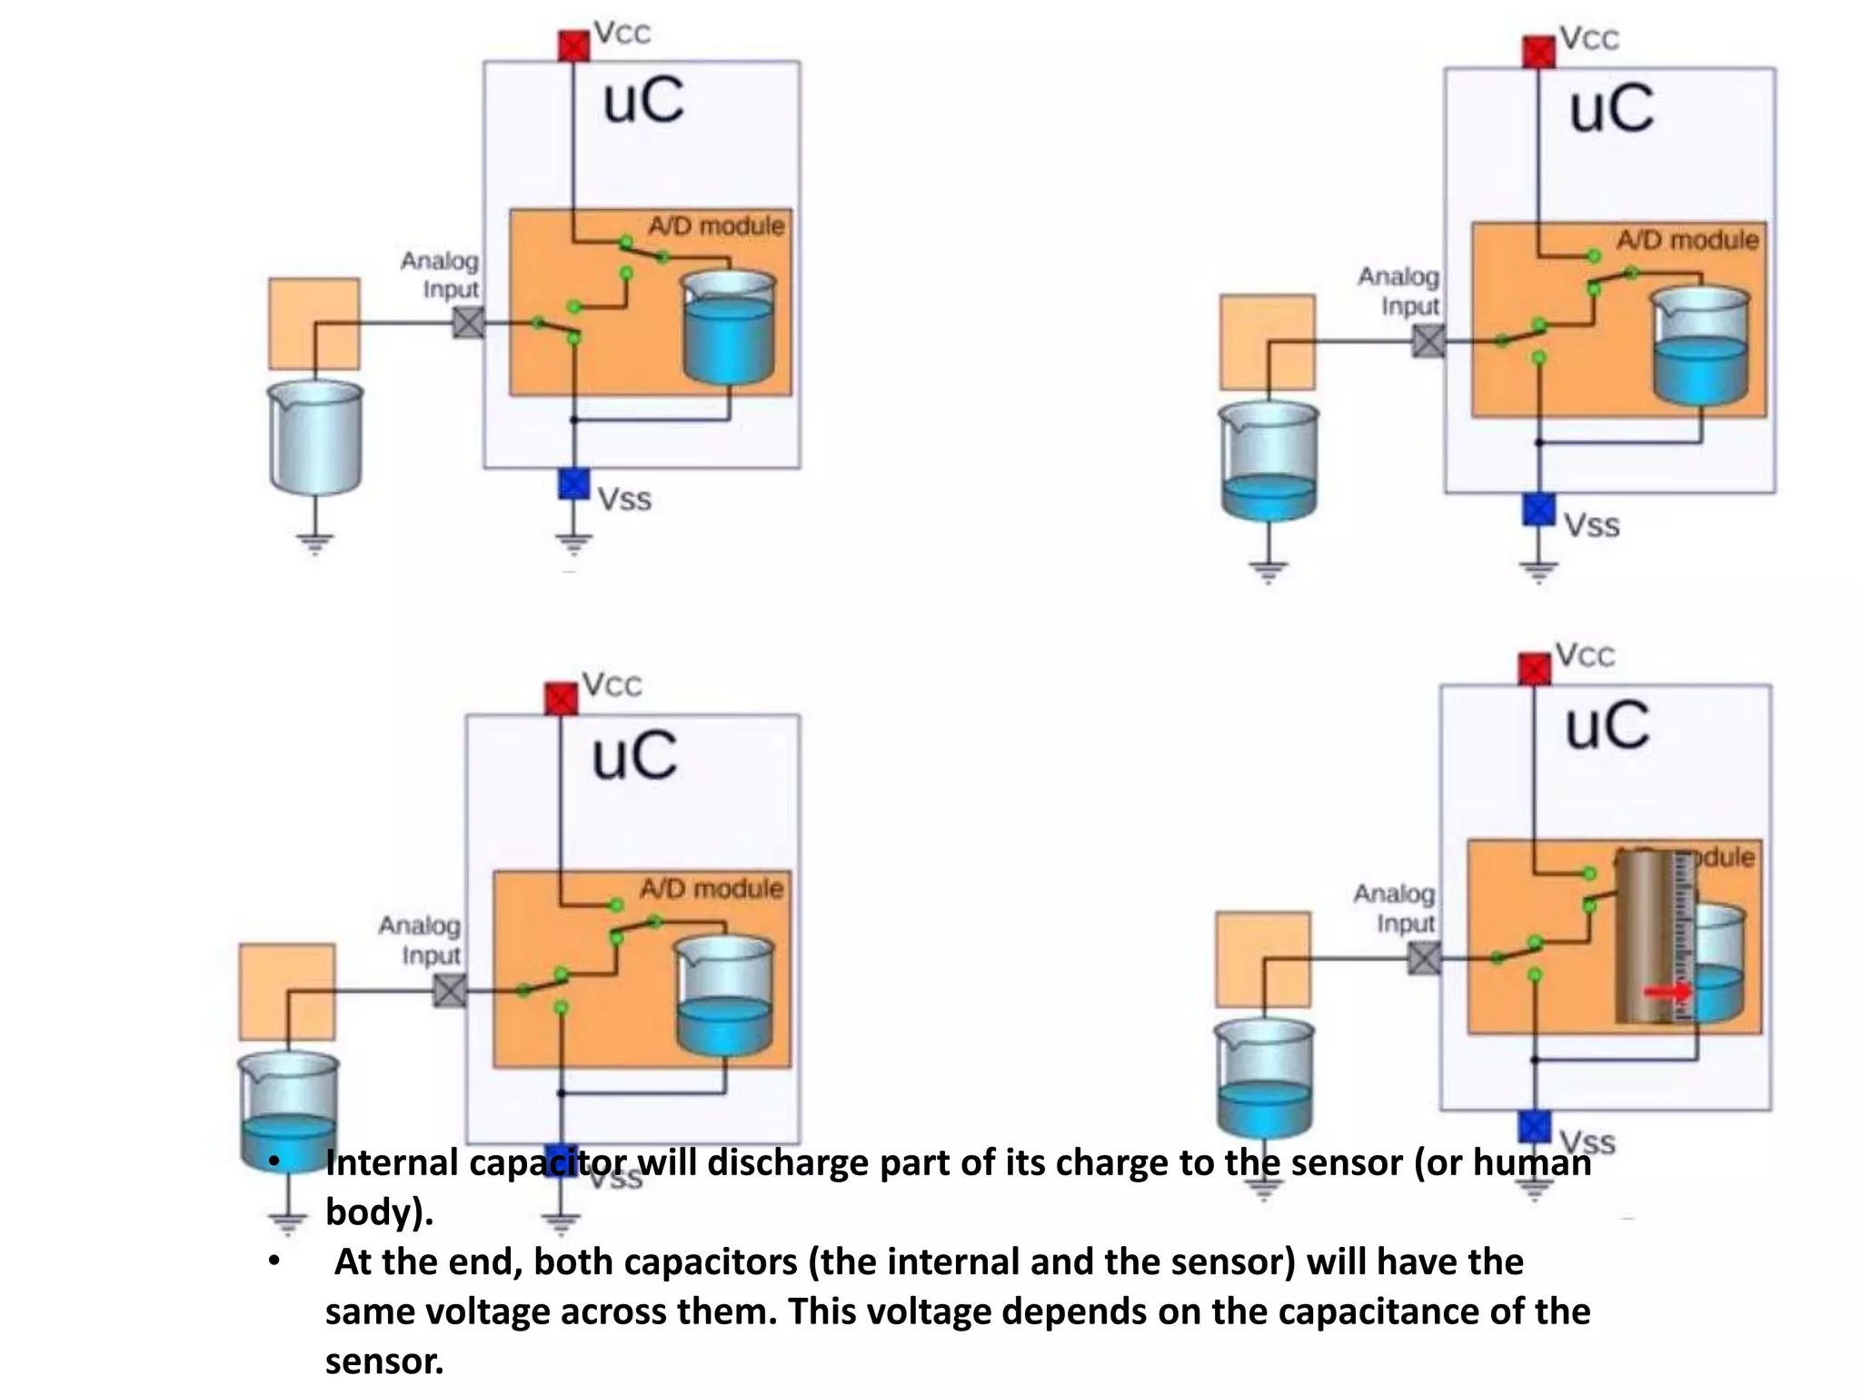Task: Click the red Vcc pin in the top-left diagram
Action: point(573,45)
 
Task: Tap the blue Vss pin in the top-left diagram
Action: point(573,484)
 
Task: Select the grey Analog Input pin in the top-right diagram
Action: point(1428,342)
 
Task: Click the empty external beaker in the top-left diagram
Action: point(315,437)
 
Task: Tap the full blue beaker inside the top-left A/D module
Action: point(729,328)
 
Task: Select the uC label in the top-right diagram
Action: point(1611,110)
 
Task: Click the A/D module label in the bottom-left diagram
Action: point(711,888)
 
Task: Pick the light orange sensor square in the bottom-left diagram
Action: point(287,992)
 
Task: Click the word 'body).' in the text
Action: point(380,1212)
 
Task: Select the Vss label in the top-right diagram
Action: point(1591,525)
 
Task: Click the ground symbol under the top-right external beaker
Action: point(1268,571)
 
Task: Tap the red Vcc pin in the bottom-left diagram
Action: point(561,699)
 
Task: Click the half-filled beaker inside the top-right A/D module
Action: point(1700,346)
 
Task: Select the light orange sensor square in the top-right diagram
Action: point(1267,342)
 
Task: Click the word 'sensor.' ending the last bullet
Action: point(384,1361)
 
